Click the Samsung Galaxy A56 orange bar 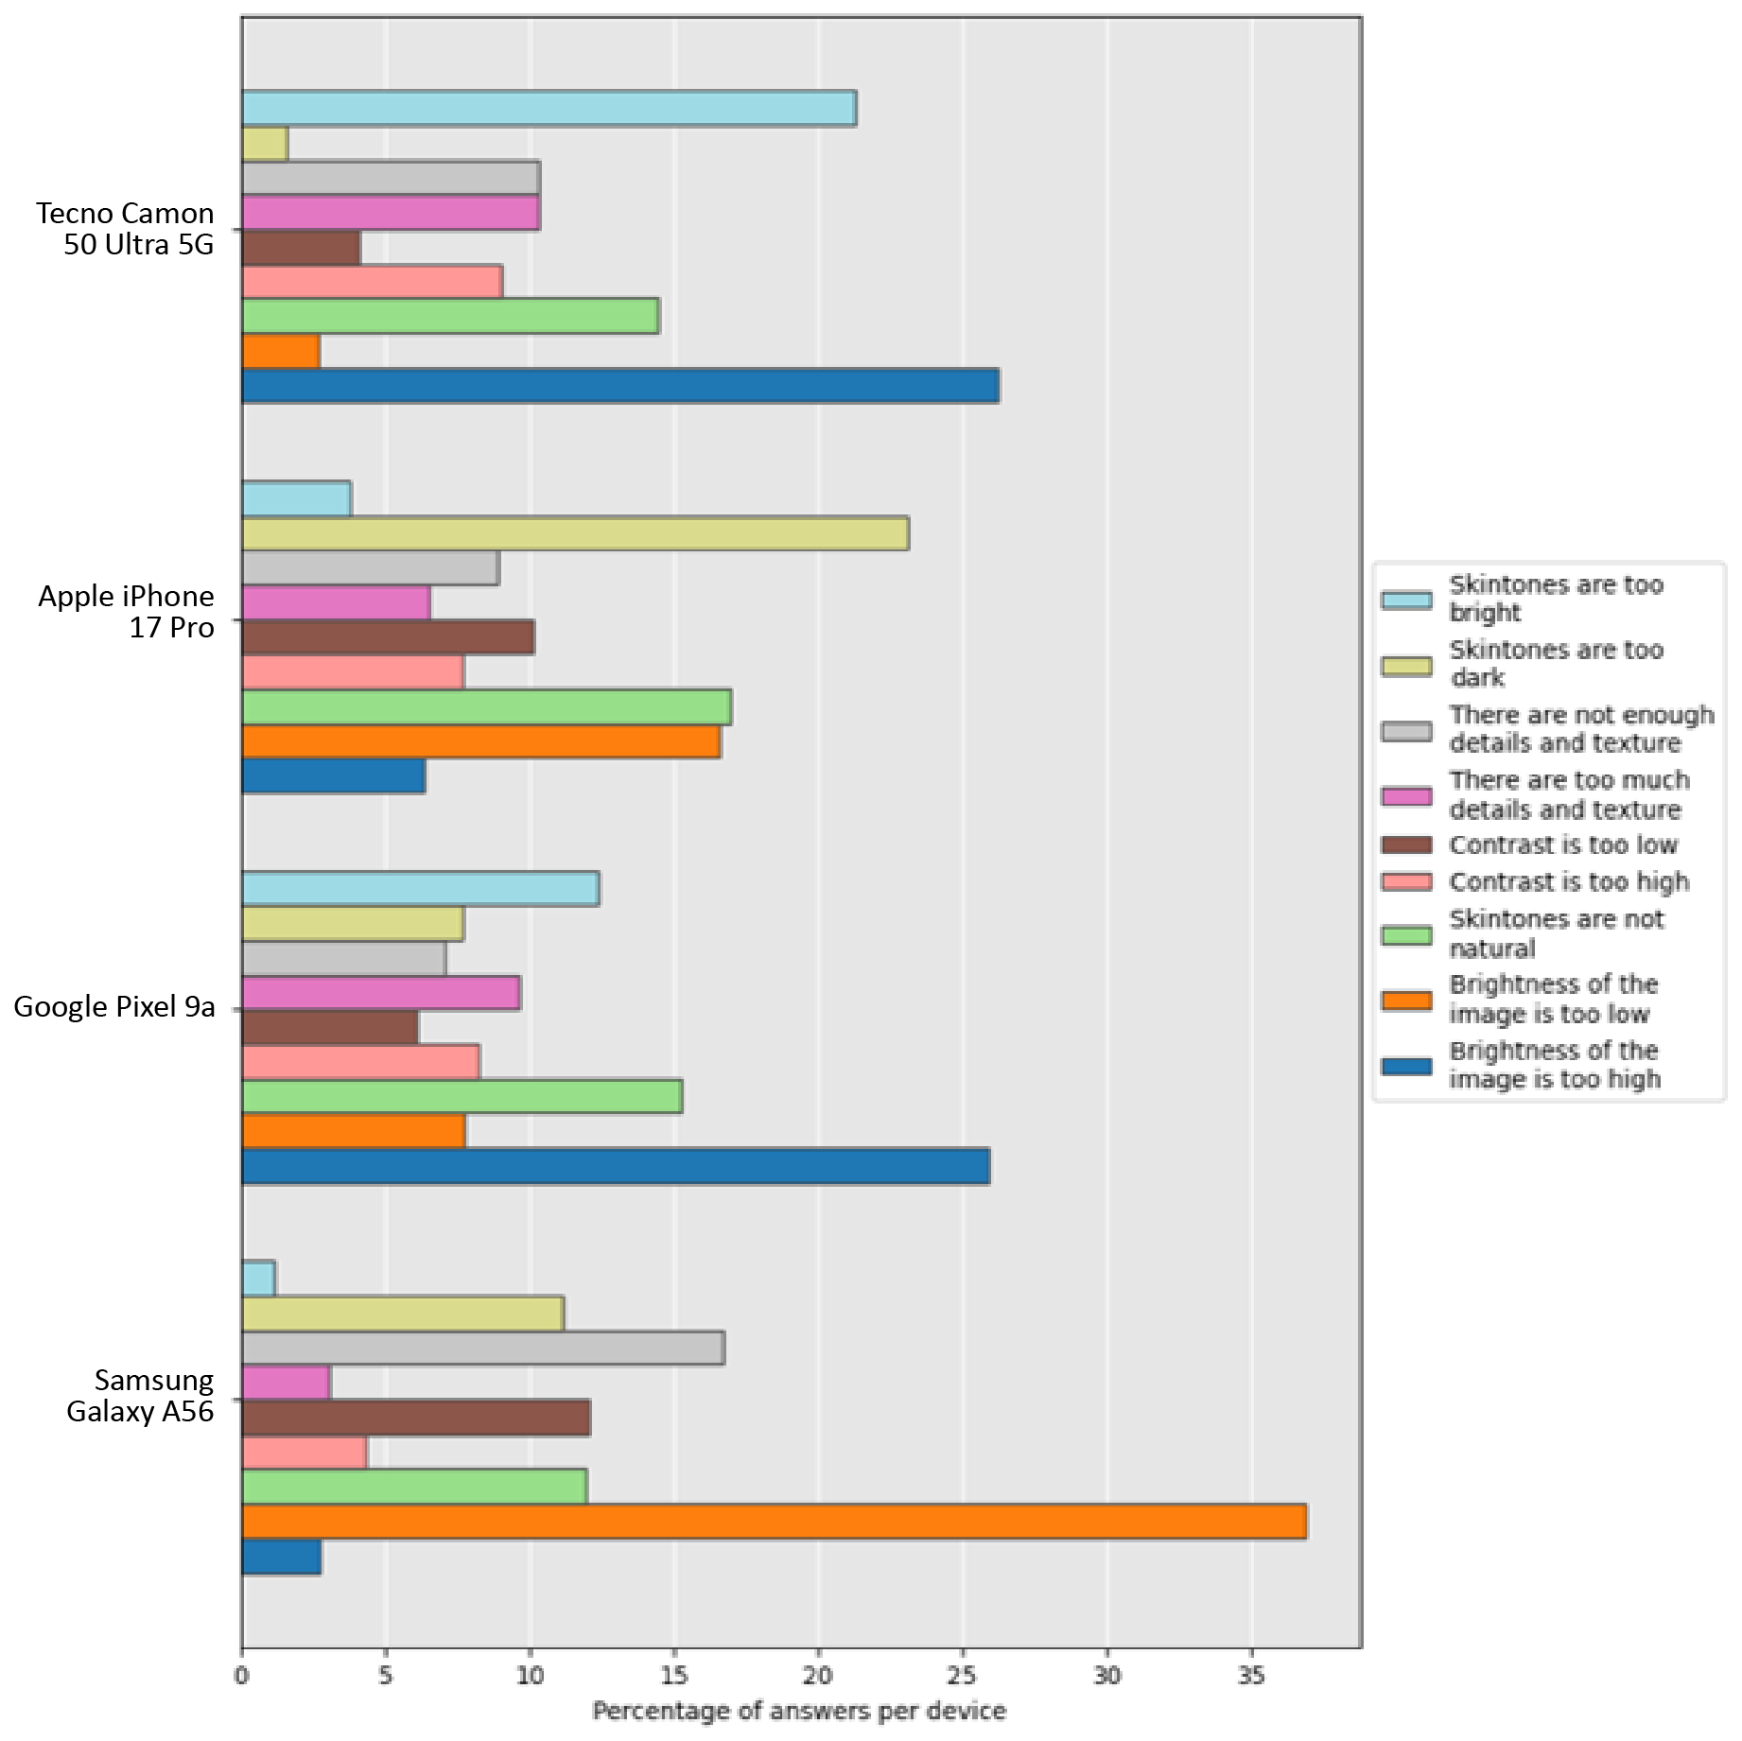coord(774,1522)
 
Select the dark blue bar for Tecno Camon coord(620,386)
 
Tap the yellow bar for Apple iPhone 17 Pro coord(575,533)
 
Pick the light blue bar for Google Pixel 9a coord(420,889)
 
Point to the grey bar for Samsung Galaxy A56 coord(483,1348)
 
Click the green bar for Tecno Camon coord(450,316)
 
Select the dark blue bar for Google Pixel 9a coord(616,1166)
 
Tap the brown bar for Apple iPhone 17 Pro coord(388,637)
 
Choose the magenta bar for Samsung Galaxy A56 coord(286,1383)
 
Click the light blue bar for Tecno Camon coord(549,108)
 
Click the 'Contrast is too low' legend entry coord(1562,844)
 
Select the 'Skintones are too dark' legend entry coord(1556,664)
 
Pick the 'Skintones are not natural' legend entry coord(1556,933)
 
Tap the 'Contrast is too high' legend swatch coord(1406,882)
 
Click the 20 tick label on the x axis coord(819,1676)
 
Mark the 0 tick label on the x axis coord(242,1676)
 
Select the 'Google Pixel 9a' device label coord(114,1006)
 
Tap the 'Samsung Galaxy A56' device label coord(140,1396)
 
